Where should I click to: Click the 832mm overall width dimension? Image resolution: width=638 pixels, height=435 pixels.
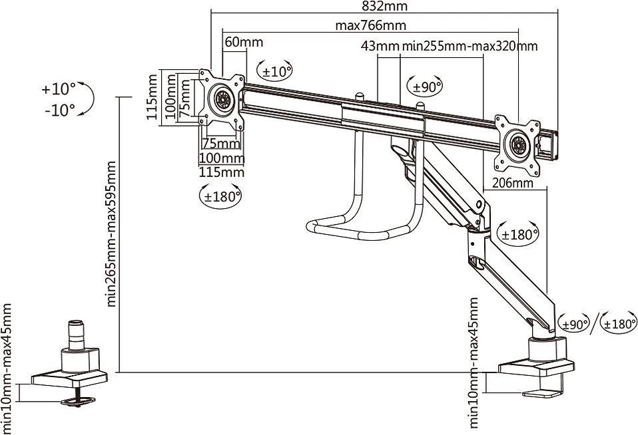click(x=384, y=6)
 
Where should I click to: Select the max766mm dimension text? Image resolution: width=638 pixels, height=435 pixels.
click(x=371, y=25)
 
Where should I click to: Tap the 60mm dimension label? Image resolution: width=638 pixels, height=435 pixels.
click(x=244, y=42)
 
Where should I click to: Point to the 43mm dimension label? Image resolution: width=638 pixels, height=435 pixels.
click(x=380, y=46)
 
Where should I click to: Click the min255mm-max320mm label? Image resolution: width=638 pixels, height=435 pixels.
click(x=470, y=46)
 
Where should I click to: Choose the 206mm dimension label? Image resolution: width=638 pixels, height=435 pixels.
click(x=513, y=184)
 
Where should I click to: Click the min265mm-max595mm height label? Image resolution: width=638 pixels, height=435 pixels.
click(x=111, y=234)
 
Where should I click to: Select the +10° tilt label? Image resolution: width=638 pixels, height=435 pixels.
click(x=59, y=89)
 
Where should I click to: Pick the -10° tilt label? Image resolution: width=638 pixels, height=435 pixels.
click(x=60, y=110)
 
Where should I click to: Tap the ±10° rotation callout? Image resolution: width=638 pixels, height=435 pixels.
click(x=275, y=71)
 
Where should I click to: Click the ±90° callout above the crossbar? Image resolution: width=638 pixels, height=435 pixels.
click(x=425, y=86)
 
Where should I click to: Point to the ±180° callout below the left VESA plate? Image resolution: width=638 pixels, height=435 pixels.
click(x=220, y=196)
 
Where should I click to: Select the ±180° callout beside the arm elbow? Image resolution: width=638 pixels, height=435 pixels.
click(x=518, y=234)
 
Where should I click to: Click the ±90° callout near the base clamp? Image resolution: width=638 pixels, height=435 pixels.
click(x=573, y=324)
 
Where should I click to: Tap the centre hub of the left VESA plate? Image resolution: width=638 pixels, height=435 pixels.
click(x=222, y=100)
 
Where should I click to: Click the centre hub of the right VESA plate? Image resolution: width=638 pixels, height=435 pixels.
click(x=518, y=145)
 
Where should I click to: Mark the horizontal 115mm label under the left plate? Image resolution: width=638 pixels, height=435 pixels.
click(x=221, y=172)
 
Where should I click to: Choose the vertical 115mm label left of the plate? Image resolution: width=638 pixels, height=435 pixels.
click(x=153, y=96)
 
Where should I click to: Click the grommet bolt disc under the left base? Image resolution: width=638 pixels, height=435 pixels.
click(x=78, y=401)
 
